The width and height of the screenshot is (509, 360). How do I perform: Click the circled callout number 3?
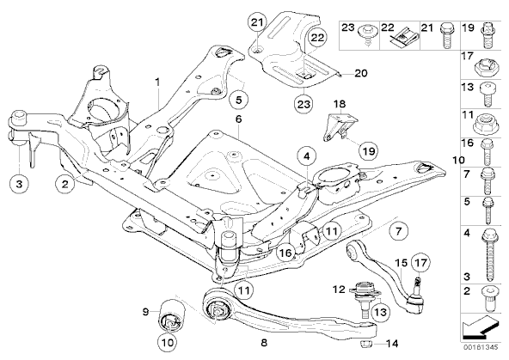[x=19, y=184]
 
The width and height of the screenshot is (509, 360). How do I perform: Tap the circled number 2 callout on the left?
[x=65, y=184]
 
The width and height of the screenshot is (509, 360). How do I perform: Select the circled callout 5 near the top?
[x=239, y=100]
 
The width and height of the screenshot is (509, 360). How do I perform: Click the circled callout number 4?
[x=307, y=156]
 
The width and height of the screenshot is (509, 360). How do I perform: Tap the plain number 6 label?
[x=239, y=119]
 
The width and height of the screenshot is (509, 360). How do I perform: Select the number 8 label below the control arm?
[x=264, y=343]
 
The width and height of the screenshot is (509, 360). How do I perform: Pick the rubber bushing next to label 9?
[x=172, y=314]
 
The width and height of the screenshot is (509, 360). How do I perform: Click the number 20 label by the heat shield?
[x=360, y=73]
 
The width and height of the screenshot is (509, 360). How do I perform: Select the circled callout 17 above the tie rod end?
[x=420, y=262]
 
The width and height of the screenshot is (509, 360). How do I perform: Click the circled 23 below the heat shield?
[x=304, y=104]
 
